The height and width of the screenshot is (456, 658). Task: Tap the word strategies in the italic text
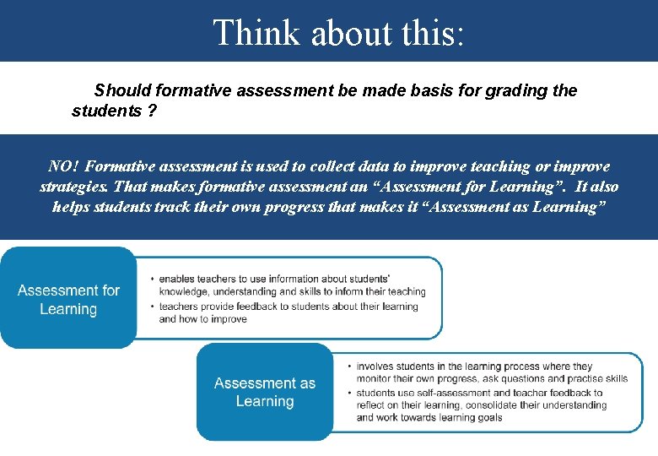74,187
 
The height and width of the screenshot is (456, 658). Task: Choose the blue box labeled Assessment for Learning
68,300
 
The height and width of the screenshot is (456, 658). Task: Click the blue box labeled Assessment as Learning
264,393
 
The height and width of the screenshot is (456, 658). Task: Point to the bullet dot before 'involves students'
348,366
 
